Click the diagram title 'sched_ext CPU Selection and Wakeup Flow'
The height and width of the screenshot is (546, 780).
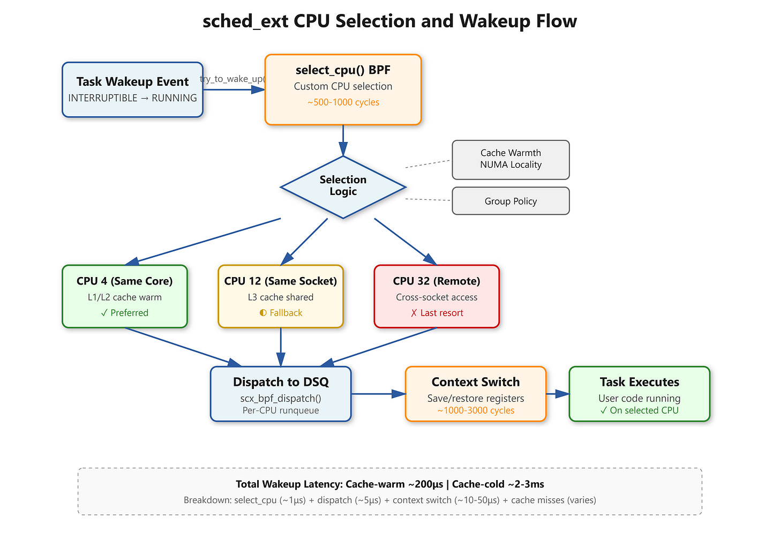[389, 21]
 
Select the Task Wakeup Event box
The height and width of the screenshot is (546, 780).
[133, 90]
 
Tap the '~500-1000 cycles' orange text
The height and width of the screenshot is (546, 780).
[343, 102]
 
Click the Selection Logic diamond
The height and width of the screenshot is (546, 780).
[343, 188]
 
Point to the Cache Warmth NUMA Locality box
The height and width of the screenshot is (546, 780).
[511, 160]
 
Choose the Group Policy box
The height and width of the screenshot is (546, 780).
[511, 201]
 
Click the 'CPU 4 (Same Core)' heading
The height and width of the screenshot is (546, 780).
[125, 281]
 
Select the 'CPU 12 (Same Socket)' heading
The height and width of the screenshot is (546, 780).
[281, 281]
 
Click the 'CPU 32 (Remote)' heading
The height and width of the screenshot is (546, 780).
[437, 281]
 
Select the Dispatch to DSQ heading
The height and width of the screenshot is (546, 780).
[281, 382]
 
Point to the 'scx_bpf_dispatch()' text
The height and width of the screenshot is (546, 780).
[281, 398]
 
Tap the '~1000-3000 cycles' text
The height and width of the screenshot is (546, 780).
[476, 410]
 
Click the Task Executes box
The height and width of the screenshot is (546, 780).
[639, 394]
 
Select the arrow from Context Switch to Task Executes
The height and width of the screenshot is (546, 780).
[558, 394]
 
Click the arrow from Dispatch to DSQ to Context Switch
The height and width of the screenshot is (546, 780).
[379, 394]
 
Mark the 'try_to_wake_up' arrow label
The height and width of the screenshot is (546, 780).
[232, 79]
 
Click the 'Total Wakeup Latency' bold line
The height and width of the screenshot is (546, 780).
[389, 484]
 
